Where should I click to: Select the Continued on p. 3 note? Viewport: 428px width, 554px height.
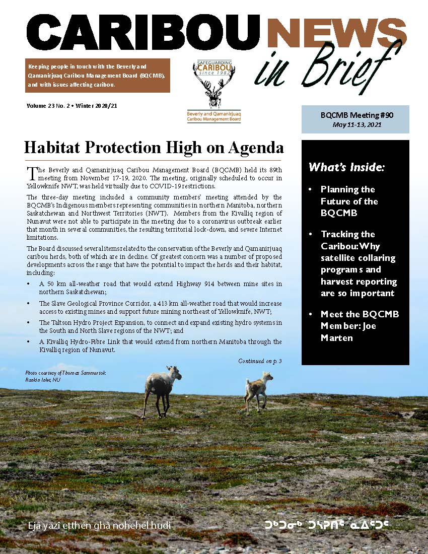pos(260,361)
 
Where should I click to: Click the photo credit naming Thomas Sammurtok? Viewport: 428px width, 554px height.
pos(65,373)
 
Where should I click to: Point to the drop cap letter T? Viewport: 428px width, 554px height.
pos(31,173)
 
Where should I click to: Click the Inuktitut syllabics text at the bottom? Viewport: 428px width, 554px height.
pos(327,526)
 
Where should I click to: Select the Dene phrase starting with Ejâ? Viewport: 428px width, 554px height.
pos(100,526)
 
